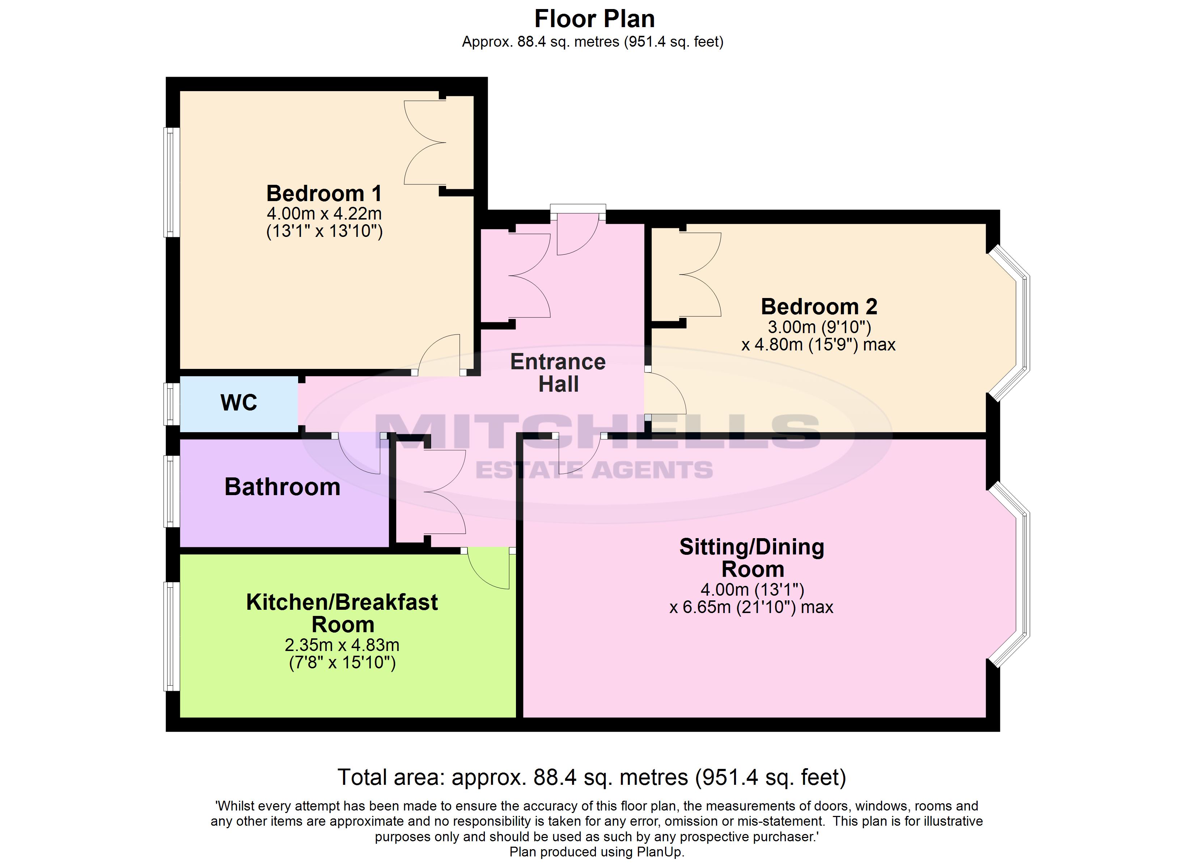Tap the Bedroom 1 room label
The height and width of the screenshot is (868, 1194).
[324, 194]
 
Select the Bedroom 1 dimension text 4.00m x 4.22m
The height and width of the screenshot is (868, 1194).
[324, 214]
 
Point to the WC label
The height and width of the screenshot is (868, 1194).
[239, 403]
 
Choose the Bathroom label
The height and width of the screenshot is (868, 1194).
[282, 487]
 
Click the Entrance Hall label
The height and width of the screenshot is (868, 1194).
[558, 373]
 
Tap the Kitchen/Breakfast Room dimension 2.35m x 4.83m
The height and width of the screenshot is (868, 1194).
[342, 645]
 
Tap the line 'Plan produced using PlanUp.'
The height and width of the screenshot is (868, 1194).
[597, 852]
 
